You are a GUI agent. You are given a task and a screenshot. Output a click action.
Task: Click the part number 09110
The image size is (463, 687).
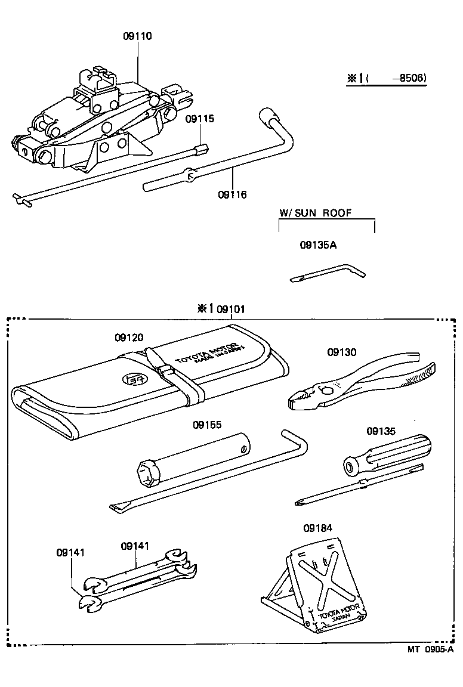[x=137, y=36]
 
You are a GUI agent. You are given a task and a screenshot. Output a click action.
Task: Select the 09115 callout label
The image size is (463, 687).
[x=199, y=119]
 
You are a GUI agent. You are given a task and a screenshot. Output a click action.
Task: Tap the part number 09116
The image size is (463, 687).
[x=232, y=194]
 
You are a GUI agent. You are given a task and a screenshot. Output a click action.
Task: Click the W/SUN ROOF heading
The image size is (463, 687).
[x=315, y=213]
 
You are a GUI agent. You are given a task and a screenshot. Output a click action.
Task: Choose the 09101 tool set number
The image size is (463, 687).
[x=230, y=309]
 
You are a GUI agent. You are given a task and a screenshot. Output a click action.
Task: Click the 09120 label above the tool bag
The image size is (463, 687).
[x=129, y=338]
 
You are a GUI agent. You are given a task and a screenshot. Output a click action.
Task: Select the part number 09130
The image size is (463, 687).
[x=341, y=352]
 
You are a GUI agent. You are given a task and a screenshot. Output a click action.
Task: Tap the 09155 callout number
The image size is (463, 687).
[x=206, y=425]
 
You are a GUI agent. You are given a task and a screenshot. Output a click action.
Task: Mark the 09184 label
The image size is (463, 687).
[x=317, y=528]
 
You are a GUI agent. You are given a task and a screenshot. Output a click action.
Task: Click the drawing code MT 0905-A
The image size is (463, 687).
[x=428, y=650]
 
